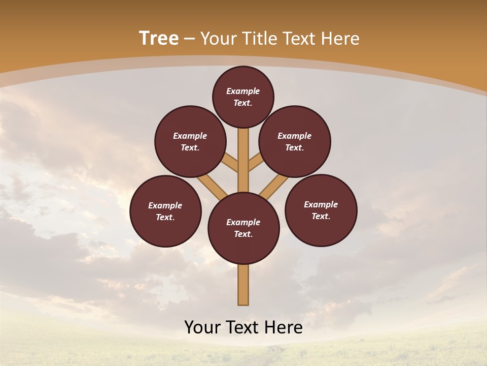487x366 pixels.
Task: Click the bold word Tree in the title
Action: coord(159,39)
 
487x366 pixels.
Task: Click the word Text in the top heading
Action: coord(300,39)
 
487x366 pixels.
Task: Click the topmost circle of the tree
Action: coord(243,97)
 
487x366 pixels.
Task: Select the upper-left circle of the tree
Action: coord(190,142)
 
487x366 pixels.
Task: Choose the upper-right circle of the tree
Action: coord(295,142)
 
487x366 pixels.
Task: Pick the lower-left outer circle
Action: coord(165,211)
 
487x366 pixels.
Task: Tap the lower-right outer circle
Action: coord(321,210)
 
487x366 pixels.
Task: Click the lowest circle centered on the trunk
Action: coord(243,228)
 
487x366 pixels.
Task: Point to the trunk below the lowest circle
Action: coord(243,285)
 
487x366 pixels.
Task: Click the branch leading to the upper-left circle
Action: coord(231,164)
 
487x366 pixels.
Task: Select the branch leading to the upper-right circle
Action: coord(256,164)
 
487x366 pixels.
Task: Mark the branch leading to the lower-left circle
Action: coord(212,187)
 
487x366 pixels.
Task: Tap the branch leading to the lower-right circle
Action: coord(274,187)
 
